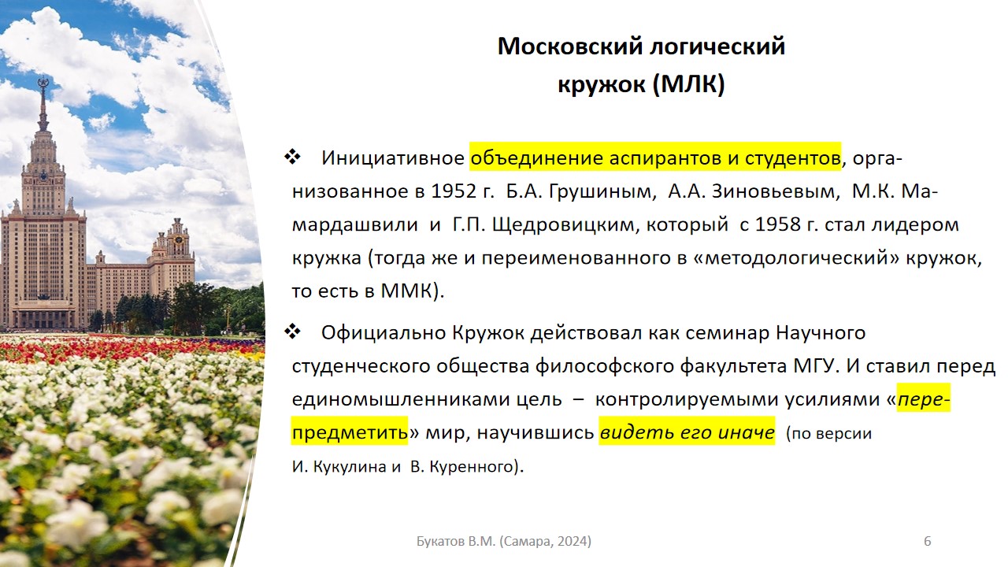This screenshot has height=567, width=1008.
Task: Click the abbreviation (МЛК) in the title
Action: (688, 83)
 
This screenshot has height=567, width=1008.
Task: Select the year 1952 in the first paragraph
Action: (454, 191)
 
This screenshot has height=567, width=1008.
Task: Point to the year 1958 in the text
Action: (777, 224)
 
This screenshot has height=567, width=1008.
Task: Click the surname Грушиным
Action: (600, 192)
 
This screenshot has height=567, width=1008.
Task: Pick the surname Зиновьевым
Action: (776, 191)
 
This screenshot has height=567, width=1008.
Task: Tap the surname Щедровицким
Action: (565, 225)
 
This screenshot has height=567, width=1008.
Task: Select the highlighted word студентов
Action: (793, 158)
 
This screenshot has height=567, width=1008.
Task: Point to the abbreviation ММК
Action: (407, 291)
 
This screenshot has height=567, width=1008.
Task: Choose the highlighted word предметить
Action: (350, 433)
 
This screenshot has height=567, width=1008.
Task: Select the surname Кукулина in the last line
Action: (349, 467)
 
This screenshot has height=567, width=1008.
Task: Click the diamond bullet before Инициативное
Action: (292, 157)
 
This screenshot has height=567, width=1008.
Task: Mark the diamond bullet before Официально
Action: (292, 332)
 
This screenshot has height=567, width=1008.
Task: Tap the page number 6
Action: (928, 541)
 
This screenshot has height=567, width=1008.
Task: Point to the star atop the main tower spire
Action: (43, 83)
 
